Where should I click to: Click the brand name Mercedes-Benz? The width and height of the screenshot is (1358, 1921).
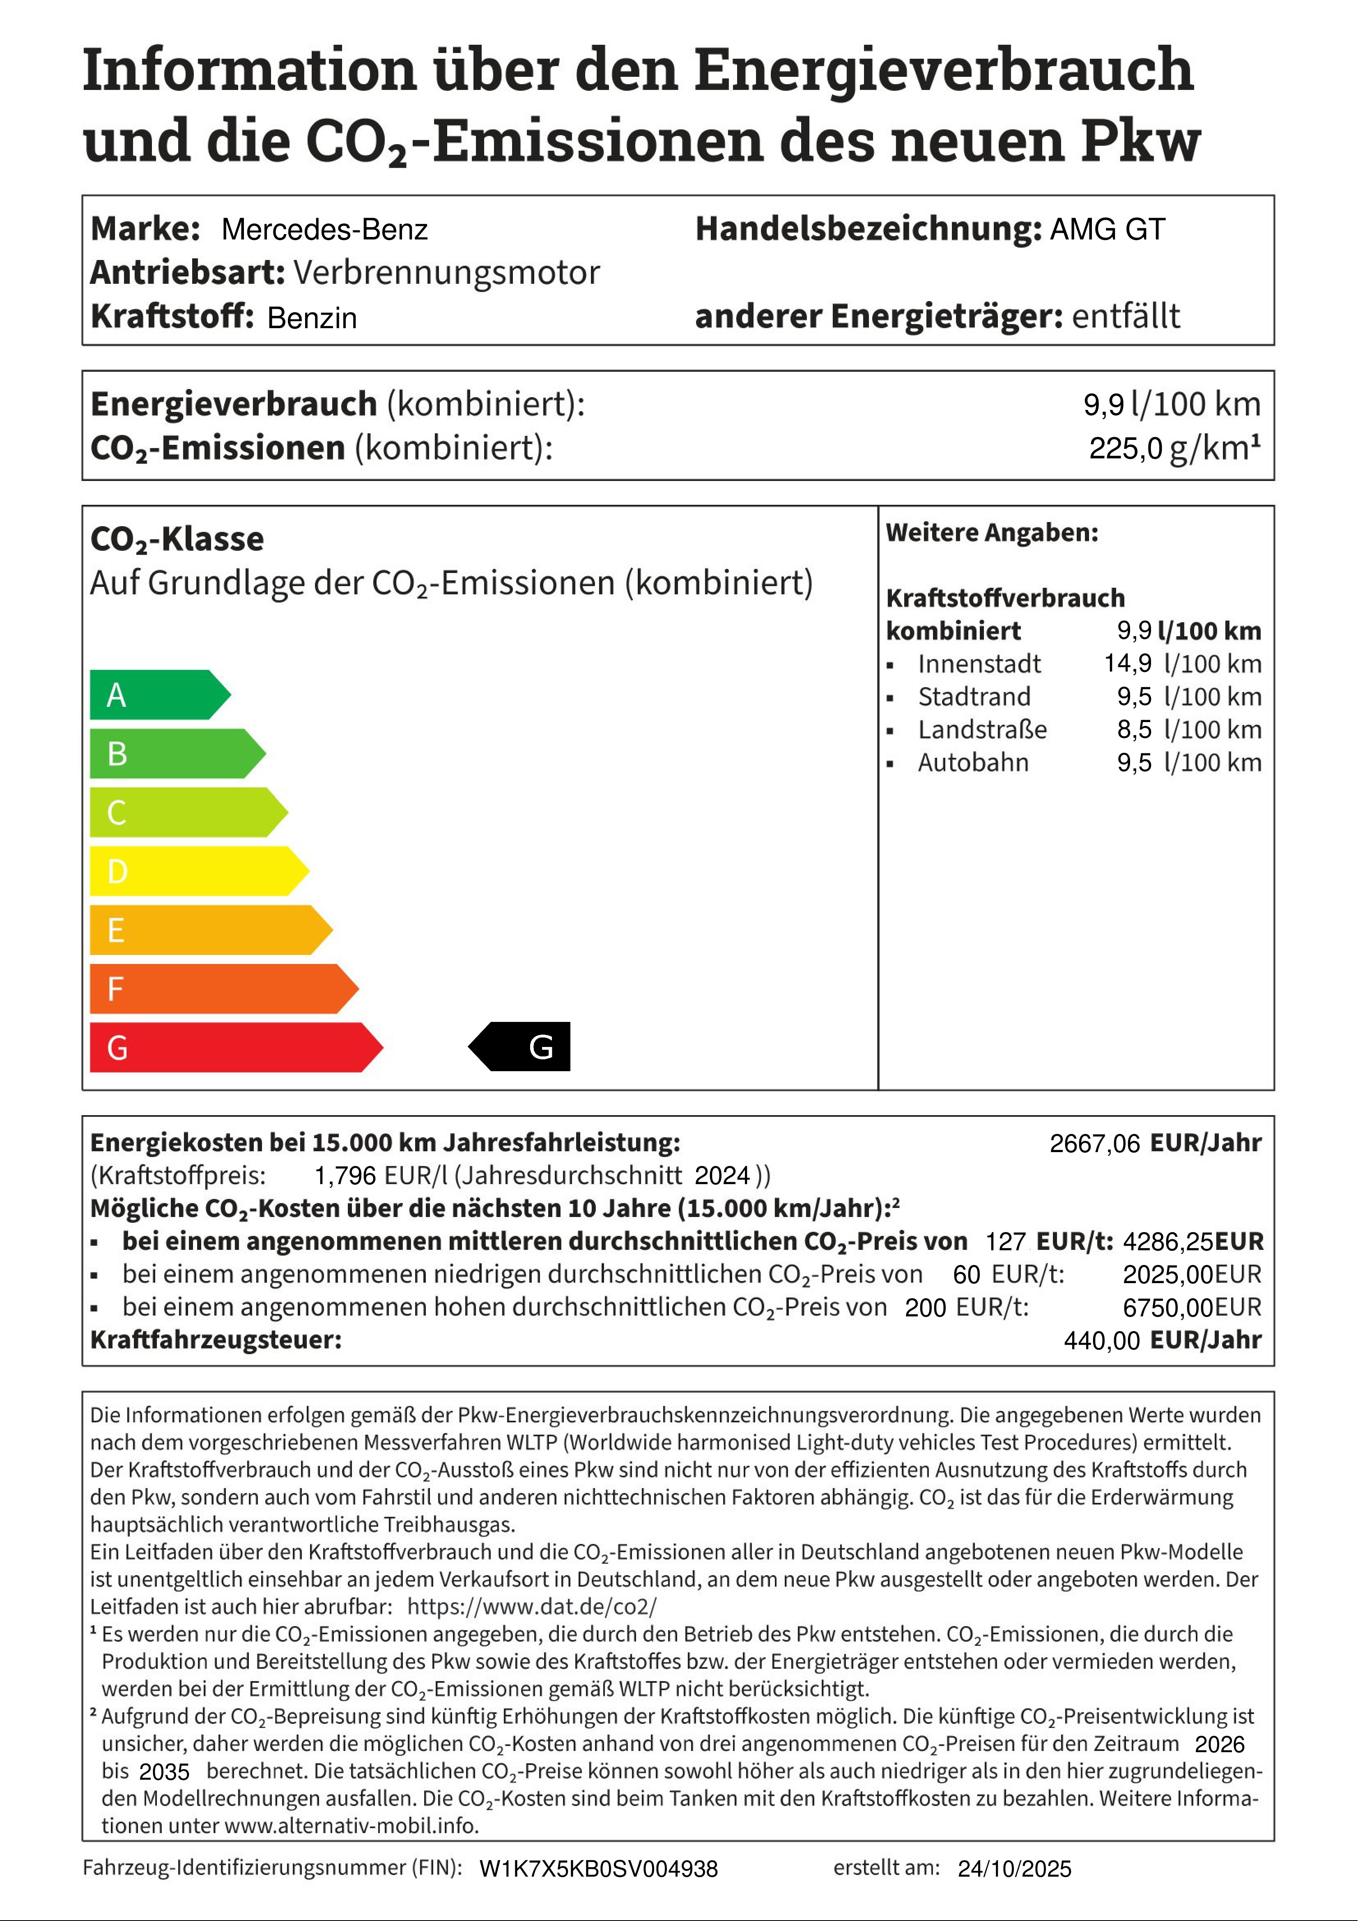click(x=325, y=229)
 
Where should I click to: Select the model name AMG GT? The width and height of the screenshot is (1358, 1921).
click(x=1107, y=229)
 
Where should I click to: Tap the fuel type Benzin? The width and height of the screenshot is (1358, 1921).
click(x=312, y=318)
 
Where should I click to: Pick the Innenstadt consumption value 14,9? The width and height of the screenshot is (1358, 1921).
click(x=1127, y=663)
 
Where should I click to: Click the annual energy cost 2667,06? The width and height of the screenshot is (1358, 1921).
click(x=1094, y=1143)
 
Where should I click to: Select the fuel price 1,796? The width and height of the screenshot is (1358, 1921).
click(x=345, y=1176)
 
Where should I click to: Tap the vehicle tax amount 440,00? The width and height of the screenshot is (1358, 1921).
click(x=1101, y=1340)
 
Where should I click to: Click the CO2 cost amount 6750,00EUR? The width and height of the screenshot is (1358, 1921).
click(x=1192, y=1307)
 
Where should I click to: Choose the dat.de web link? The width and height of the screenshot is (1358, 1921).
click(x=532, y=1606)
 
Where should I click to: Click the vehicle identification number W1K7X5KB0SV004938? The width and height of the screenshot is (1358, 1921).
click(x=598, y=1869)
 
